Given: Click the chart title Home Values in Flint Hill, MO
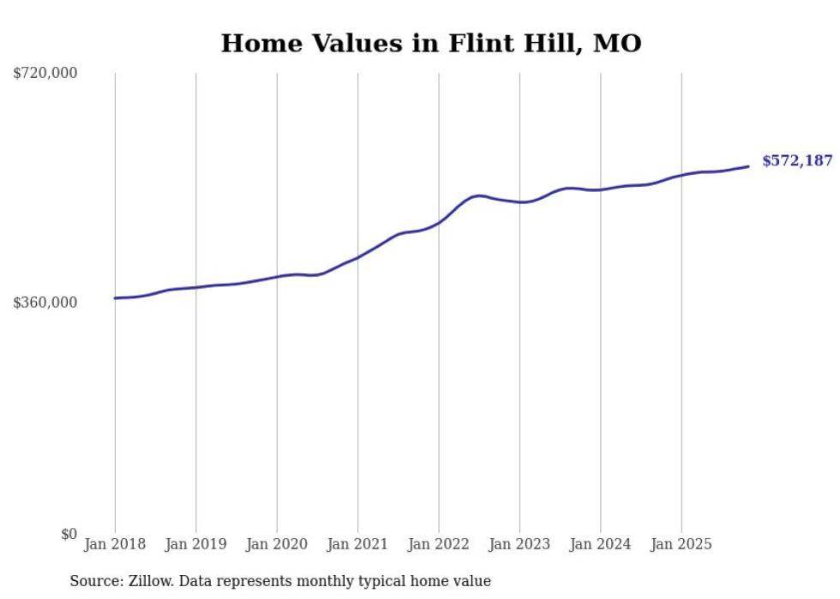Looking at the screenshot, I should pyautogui.click(x=430, y=43).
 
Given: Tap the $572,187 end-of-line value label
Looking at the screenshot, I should pyautogui.click(x=796, y=160).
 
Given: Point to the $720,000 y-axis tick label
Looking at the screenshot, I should pyautogui.click(x=45, y=74).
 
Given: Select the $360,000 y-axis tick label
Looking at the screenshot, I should pyautogui.click(x=45, y=302).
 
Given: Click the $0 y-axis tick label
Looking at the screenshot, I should pyautogui.click(x=69, y=534).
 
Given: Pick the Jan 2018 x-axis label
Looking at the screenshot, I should pyautogui.click(x=115, y=544).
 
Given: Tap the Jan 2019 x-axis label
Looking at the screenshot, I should pyautogui.click(x=195, y=544).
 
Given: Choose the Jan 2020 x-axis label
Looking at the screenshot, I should pyautogui.click(x=277, y=544).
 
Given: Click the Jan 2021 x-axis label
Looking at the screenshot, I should pyautogui.click(x=357, y=544).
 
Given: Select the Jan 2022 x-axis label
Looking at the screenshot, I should pyautogui.click(x=439, y=544).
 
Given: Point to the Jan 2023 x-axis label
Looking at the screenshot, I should pyautogui.click(x=519, y=544).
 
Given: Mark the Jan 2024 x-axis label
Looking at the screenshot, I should pyautogui.click(x=600, y=544).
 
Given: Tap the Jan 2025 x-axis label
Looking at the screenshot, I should pyautogui.click(x=681, y=544).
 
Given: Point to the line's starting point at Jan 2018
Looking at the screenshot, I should pyautogui.click(x=115, y=298).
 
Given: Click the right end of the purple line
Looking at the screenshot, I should pyautogui.click(x=749, y=166).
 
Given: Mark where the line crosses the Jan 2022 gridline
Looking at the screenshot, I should pyautogui.click(x=439, y=222).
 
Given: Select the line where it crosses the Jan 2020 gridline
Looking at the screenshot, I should pyautogui.click(x=277, y=277).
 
